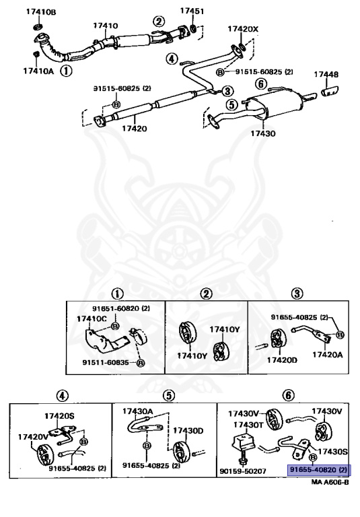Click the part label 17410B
coord(41,12)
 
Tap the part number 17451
coord(192,11)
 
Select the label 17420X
coord(243,29)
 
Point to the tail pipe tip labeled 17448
coord(330,91)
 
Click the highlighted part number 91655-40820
coord(312,470)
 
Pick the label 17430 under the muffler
coord(262,133)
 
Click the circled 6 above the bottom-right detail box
coord(289,394)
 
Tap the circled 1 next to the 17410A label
coord(66,71)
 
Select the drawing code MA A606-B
coord(330,482)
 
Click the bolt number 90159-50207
coord(243,471)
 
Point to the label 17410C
coord(92,319)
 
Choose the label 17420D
coord(282,360)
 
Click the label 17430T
coord(248,425)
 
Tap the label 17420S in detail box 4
coord(59,416)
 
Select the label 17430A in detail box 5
coord(137,411)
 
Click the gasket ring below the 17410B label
coord(38,26)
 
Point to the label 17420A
coord(328,355)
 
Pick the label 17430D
coord(188,431)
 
